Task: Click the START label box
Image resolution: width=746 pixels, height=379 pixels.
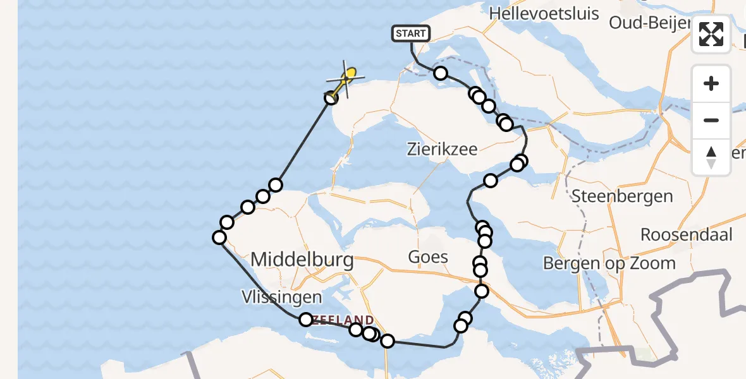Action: click(x=412, y=33)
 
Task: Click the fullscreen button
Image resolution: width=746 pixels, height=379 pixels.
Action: click(x=711, y=34)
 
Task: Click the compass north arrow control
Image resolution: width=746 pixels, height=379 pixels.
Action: click(x=711, y=157)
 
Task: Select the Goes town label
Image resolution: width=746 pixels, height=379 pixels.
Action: click(x=428, y=256)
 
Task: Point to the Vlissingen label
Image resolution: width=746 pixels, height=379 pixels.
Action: click(x=281, y=297)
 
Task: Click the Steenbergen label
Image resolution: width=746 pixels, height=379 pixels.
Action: click(x=622, y=196)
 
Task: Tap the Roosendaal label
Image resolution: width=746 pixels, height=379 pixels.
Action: click(x=687, y=235)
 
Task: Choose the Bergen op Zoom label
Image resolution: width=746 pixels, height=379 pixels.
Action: click(x=609, y=263)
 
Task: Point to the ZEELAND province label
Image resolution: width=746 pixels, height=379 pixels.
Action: click(x=346, y=320)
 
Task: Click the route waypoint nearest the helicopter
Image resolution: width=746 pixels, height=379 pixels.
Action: click(x=331, y=98)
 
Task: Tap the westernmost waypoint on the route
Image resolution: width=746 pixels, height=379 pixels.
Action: click(x=219, y=238)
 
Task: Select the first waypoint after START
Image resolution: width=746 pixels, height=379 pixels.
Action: click(x=441, y=73)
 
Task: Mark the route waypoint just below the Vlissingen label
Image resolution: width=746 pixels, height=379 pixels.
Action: click(x=306, y=320)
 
